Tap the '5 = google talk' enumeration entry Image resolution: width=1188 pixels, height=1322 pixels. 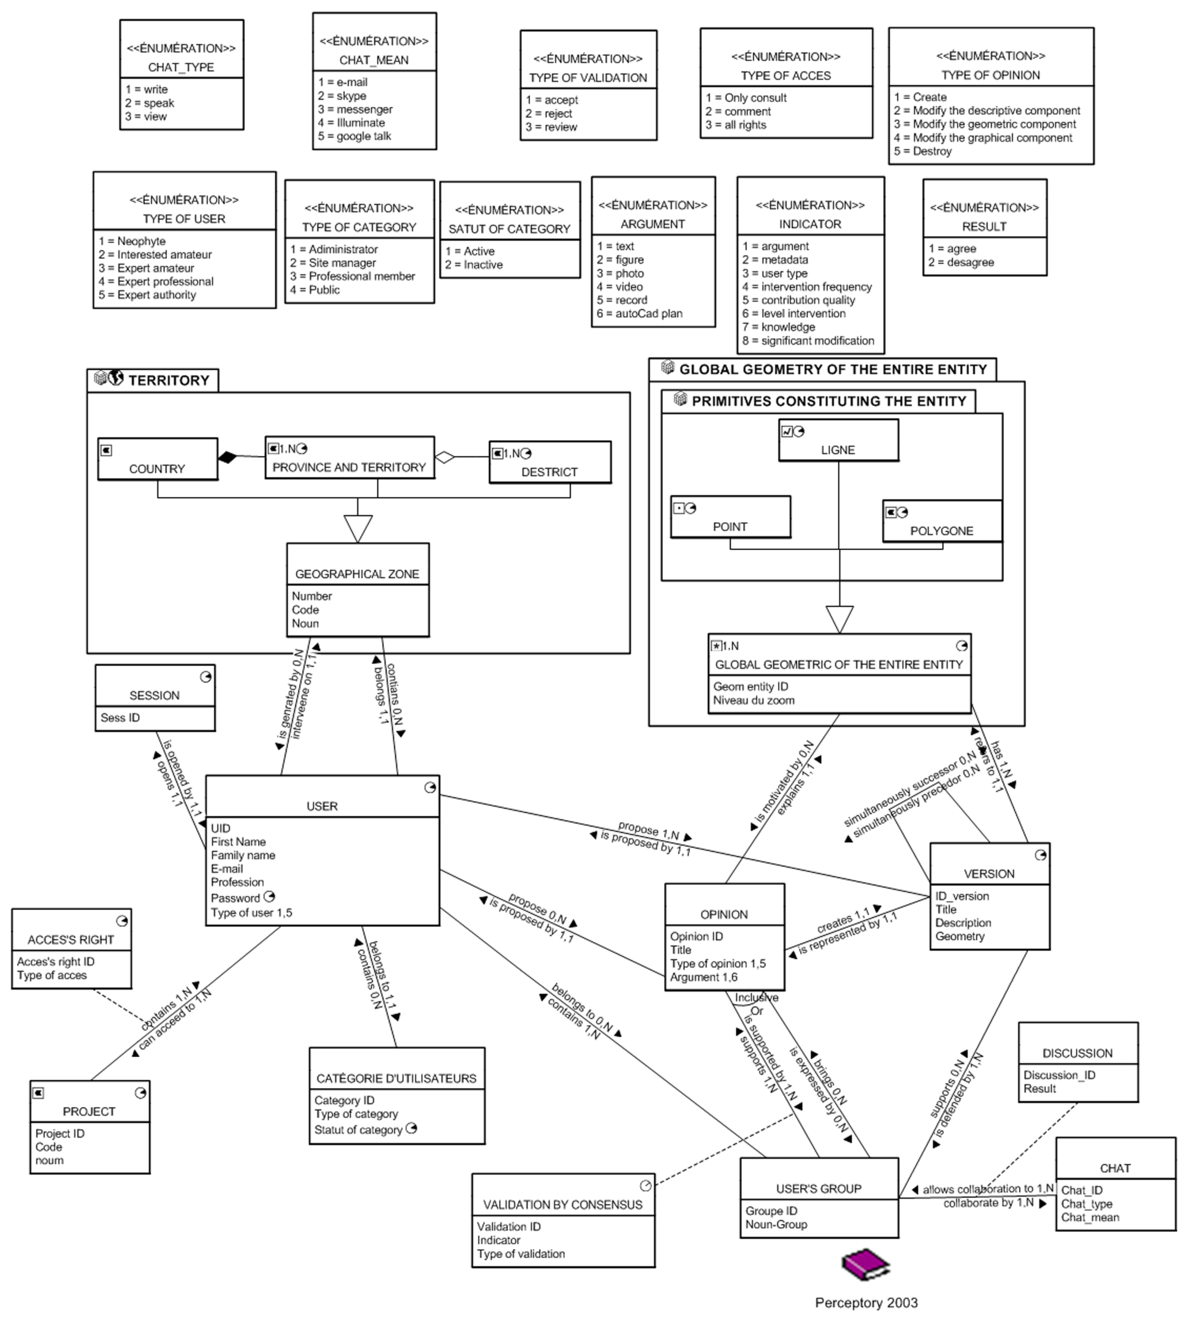click(354, 136)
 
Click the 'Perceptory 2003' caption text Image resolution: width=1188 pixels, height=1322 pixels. click(866, 1302)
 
